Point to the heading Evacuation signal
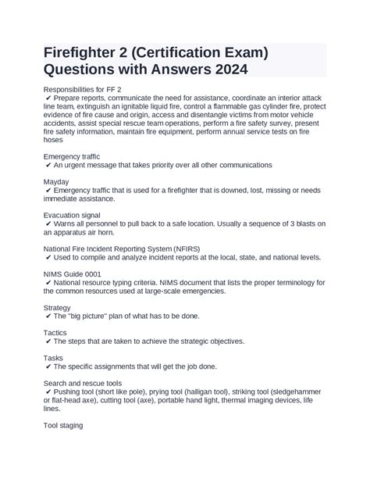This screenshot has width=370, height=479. point(76,213)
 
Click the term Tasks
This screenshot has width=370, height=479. point(55,357)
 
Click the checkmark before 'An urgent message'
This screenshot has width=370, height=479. point(48,166)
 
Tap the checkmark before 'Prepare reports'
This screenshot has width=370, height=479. point(48,98)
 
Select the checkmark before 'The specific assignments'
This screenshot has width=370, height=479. point(48,366)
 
